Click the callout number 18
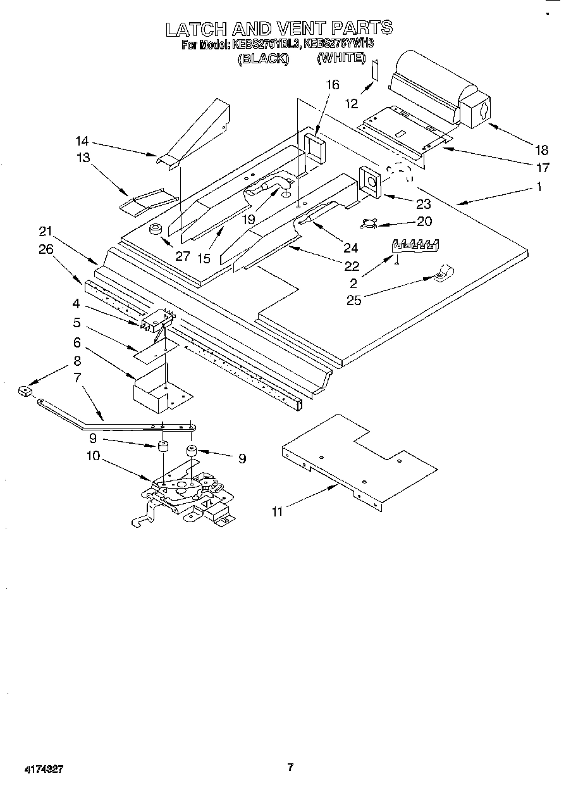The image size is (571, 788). tap(541, 150)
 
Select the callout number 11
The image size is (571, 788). tap(277, 511)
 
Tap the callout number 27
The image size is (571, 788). tap(182, 256)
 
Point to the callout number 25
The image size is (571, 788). tap(353, 299)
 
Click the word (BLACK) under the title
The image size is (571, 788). tap(263, 58)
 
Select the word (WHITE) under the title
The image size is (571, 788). tap(341, 58)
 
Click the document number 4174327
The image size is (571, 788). tap(44, 770)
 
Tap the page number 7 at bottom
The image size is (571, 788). tap(290, 768)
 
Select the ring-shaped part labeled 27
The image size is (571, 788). tap(155, 229)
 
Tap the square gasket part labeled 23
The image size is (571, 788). tap(370, 183)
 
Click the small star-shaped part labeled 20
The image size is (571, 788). tap(369, 223)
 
